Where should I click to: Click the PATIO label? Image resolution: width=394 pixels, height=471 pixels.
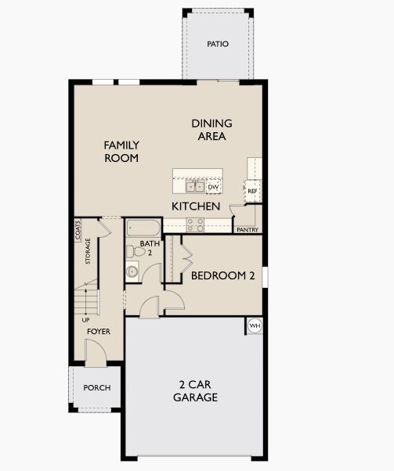(218, 44)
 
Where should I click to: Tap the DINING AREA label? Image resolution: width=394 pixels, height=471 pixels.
(211, 130)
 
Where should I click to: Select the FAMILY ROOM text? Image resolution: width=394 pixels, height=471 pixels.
(121, 151)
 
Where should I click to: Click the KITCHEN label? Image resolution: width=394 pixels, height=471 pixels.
(196, 206)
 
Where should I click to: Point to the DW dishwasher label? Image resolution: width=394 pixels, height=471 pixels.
(212, 187)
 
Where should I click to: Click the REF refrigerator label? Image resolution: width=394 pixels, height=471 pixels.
(252, 191)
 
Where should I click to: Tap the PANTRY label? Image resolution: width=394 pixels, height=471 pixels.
(248, 229)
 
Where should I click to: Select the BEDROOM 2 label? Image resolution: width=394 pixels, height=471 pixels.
(224, 275)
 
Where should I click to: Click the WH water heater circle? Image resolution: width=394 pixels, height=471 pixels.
(255, 325)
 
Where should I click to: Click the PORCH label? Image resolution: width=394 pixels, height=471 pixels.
(97, 388)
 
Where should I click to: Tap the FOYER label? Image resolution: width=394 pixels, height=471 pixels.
(99, 332)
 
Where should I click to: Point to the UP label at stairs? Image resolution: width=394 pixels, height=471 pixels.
(85, 319)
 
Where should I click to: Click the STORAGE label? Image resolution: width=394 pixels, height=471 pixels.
(88, 251)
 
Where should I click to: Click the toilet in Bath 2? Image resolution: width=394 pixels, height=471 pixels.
(131, 251)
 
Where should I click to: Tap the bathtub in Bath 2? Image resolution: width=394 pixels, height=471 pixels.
(143, 229)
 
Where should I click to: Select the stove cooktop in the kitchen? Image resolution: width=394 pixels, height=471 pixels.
(195, 225)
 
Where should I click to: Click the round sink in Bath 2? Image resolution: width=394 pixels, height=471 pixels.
(132, 272)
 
